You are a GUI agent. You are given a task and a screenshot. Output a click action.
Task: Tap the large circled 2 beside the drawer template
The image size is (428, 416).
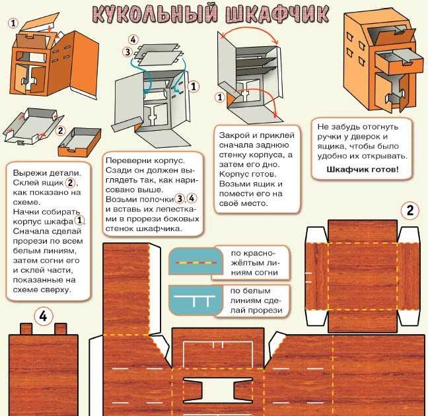(410, 211)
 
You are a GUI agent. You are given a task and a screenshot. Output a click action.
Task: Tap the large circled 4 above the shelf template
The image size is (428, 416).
(43, 316)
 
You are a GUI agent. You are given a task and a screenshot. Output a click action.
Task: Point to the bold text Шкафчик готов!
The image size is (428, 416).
(362, 169)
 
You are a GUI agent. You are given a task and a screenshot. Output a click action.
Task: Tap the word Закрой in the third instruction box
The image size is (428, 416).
(234, 134)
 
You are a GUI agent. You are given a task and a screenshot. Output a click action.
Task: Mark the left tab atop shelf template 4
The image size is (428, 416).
(26, 328)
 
